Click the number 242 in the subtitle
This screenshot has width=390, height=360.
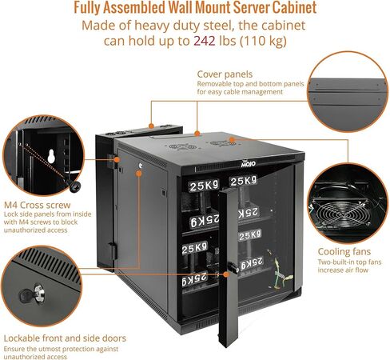pos(205,41)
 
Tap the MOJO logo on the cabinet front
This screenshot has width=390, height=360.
pos(248,164)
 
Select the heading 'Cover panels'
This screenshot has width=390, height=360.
pos(225,74)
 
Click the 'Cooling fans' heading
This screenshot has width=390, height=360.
pos(344,251)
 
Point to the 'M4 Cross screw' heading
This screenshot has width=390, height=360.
pos(38,205)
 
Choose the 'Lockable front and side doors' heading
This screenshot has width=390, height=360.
pos(65,338)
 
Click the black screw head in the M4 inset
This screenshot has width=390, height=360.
pos(75,186)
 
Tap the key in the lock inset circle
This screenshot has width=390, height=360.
pos(33,294)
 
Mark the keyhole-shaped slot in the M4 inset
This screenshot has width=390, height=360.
pos(51,156)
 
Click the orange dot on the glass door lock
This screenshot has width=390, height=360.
pos(226,274)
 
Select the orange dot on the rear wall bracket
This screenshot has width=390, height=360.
pos(151,126)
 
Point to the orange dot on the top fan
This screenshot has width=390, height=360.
pos(232,139)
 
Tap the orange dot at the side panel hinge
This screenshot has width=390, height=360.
pos(117,159)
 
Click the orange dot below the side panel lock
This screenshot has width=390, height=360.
pos(138,174)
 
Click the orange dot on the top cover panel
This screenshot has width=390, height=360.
pos(197,134)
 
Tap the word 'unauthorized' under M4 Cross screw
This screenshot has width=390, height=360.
pos(24,230)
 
